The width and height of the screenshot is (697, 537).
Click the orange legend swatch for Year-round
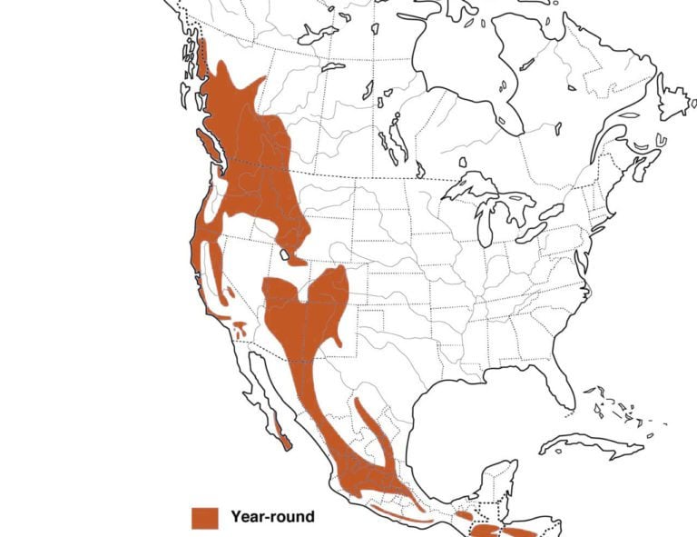pos(205,517)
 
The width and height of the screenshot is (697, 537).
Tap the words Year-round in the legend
pos(272,517)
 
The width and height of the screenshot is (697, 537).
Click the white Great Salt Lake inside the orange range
pos(288,255)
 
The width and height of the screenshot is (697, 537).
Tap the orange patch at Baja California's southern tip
pos(285,443)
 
